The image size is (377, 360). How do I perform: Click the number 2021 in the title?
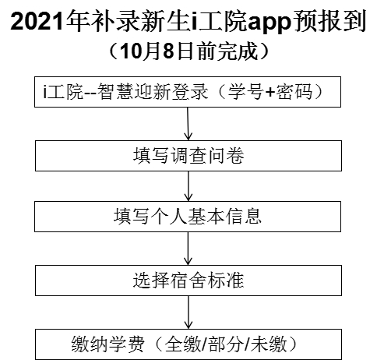(37, 21)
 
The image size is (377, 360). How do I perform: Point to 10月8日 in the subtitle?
(157, 51)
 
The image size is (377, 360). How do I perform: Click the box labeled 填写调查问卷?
(188, 156)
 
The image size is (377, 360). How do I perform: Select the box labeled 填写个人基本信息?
(188, 217)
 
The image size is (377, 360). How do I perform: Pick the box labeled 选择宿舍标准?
(188, 281)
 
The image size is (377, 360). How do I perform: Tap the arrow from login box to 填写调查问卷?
(188, 124)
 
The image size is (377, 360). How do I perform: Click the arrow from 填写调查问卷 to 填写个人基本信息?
(188, 186)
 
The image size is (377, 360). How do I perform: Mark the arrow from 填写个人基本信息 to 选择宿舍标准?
(188, 249)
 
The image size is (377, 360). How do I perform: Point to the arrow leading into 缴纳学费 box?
(188, 312)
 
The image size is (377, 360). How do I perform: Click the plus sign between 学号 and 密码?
(270, 93)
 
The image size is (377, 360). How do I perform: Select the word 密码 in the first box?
(294, 92)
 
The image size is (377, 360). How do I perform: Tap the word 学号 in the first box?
(245, 92)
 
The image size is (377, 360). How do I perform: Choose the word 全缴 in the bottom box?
(183, 344)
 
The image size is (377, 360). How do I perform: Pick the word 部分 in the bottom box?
(226, 344)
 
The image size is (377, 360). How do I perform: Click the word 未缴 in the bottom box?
(269, 344)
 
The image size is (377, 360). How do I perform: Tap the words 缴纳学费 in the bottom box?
(107, 344)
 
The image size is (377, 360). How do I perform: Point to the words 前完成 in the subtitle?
(227, 51)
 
